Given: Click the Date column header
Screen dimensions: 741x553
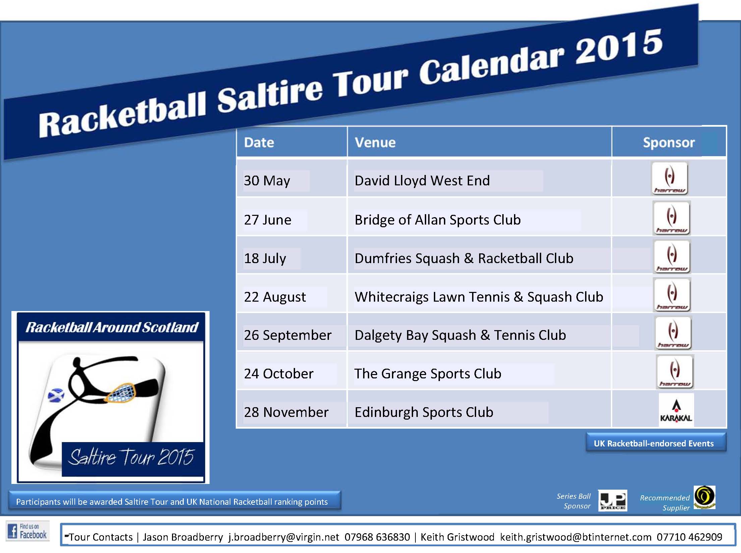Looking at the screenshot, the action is pyautogui.click(x=259, y=143).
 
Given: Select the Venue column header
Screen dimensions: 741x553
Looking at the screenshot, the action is pyautogui.click(x=375, y=143).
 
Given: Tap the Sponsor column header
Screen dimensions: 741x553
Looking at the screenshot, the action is pyautogui.click(x=669, y=143).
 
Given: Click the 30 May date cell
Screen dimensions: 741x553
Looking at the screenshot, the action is pyautogui.click(x=267, y=181).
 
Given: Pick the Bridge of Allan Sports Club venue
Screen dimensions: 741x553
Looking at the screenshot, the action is pyautogui.click(x=438, y=220).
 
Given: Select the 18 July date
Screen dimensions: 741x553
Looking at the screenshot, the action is pyautogui.click(x=265, y=258).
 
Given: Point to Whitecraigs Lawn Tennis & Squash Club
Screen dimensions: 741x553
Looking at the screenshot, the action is pyautogui.click(x=479, y=297).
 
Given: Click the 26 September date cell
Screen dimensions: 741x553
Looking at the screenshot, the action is pyautogui.click(x=288, y=335).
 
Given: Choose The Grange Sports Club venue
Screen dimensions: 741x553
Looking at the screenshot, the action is pyautogui.click(x=428, y=374).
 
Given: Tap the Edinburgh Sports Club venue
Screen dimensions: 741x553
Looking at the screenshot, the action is pyautogui.click(x=424, y=412).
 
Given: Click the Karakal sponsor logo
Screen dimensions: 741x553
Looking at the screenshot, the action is pyautogui.click(x=676, y=410).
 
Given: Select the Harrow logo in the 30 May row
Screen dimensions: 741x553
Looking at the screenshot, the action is pyautogui.click(x=670, y=178).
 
